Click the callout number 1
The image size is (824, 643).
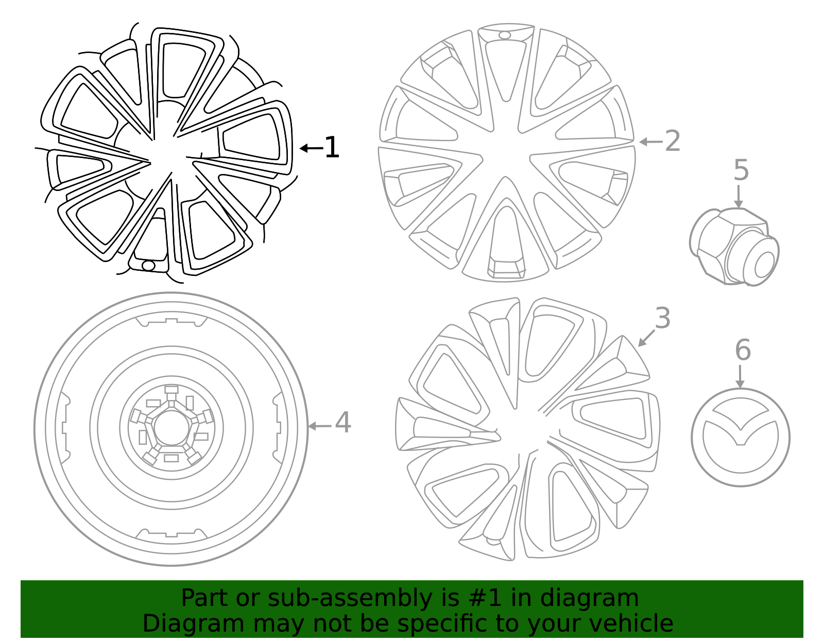[332, 148]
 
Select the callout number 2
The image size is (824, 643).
[673, 142]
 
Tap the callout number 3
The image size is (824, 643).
[663, 318]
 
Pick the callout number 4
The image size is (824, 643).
[343, 423]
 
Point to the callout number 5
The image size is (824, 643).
[741, 170]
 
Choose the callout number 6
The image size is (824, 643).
[743, 351]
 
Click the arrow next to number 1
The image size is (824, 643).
[311, 148]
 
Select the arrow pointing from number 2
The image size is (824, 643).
[650, 142]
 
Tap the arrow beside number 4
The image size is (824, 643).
[320, 426]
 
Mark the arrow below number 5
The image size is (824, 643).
[739, 197]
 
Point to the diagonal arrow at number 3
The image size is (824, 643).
[646, 338]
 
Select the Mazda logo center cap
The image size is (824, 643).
[740, 437]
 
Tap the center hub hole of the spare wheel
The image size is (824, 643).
[171, 427]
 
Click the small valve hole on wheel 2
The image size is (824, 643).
[505, 35]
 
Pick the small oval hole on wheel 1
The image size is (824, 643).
[148, 266]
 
